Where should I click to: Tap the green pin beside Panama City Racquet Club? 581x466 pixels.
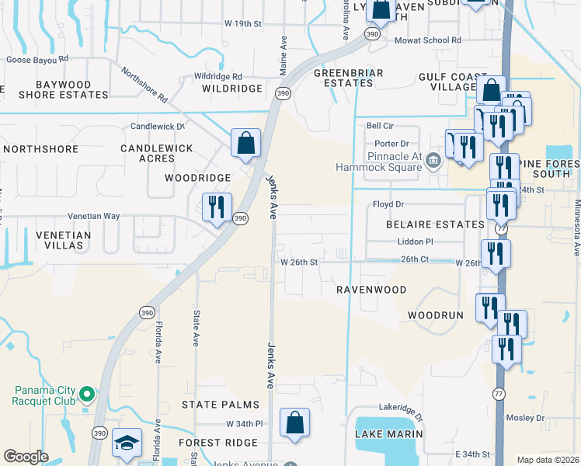coord(88,395)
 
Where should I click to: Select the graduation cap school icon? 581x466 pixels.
coord(127,443)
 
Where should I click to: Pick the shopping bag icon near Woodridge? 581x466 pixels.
coord(245,144)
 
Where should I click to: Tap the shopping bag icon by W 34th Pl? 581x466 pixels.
coord(294,424)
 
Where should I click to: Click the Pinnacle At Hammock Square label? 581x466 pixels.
coord(378,161)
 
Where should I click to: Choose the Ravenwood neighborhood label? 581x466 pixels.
coord(371,290)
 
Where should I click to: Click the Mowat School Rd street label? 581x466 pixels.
coord(428,40)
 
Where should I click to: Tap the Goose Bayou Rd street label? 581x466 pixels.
coord(37,58)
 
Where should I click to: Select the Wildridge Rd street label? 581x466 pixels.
coord(218,76)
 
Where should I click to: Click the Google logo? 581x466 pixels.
coord(26,457)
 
